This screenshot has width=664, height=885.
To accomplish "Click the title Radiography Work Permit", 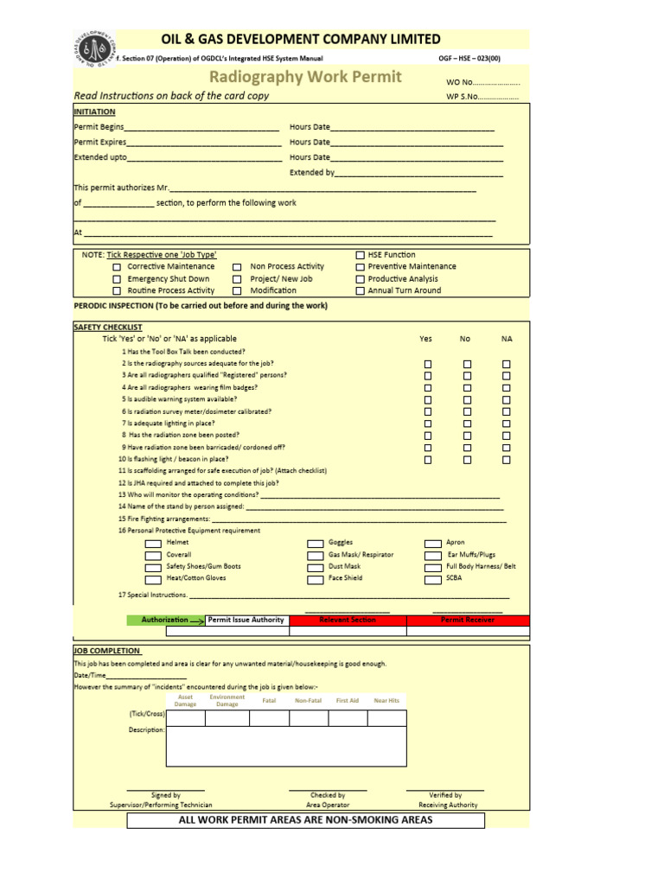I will tap(305, 77).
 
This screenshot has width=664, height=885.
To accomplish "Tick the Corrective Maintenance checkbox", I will tap(117, 267).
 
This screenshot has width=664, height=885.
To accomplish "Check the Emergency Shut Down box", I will tap(117, 279).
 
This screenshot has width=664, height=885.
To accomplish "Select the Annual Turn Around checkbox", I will tap(361, 291).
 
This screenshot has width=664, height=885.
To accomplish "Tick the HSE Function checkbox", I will tap(361, 255).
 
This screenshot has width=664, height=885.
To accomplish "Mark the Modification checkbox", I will tap(237, 291).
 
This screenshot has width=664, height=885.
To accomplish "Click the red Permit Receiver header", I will tap(468, 620).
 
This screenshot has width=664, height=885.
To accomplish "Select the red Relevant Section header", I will tap(348, 620).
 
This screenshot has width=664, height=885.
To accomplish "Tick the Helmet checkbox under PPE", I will tap(152, 544).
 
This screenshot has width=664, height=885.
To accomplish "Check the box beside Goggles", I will tap(316, 544).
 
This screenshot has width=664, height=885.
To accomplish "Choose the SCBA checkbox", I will tap(432, 580).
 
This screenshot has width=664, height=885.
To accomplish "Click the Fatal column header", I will tap(269, 701).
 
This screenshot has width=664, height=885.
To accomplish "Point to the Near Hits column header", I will tap(386, 701).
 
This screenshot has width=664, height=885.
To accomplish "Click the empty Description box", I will tap(285, 747).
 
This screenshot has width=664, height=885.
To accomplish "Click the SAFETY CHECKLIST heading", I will tap(108, 328).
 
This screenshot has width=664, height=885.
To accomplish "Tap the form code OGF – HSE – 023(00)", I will tap(470, 58).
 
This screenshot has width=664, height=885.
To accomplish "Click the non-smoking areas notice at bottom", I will tap(305, 820).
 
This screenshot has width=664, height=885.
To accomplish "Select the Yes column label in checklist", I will tap(425, 339).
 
